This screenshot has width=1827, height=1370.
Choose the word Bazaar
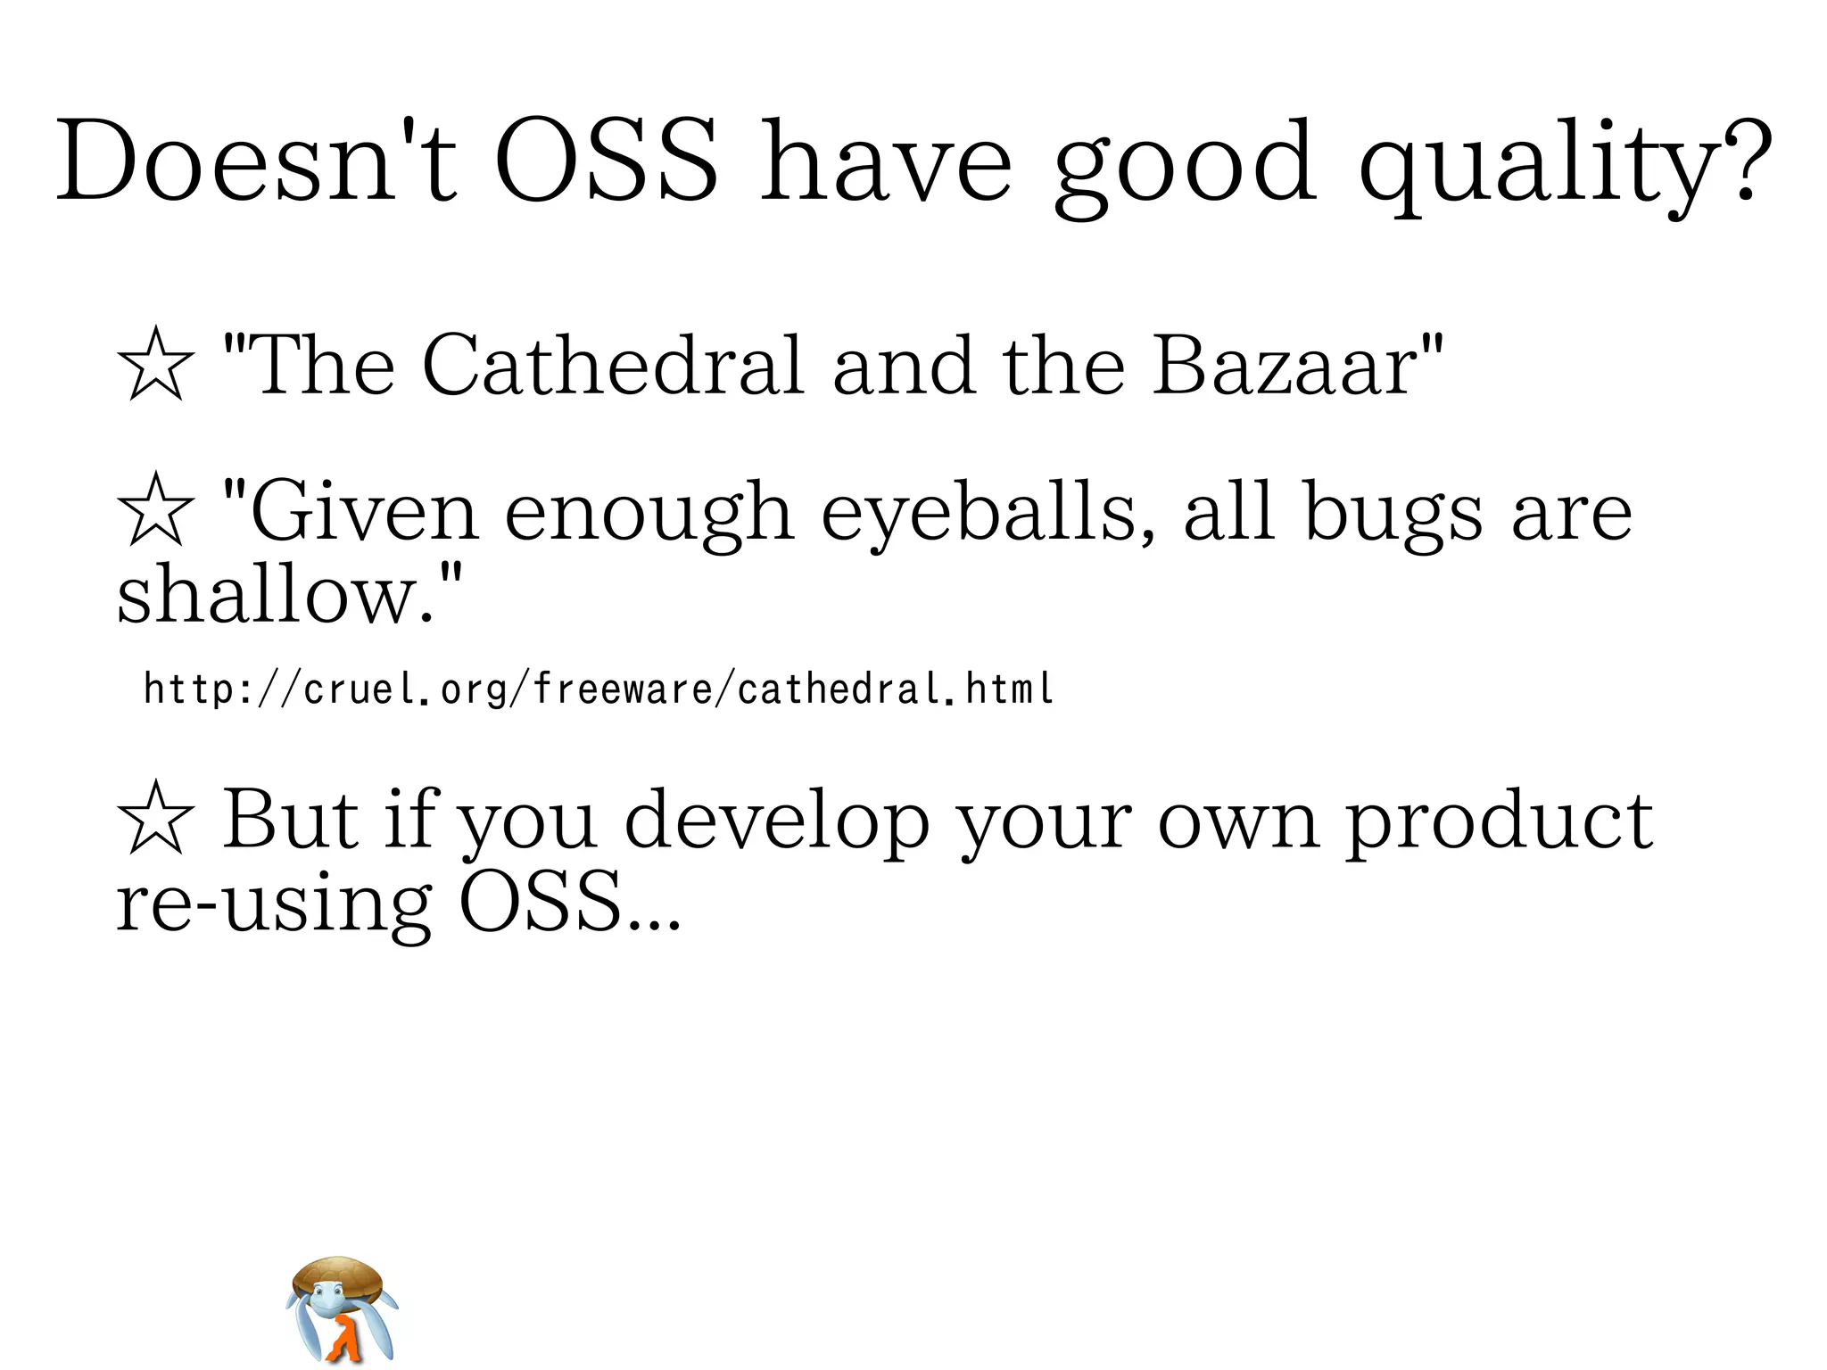[x=1286, y=365]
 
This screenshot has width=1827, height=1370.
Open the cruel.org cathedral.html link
[x=598, y=689]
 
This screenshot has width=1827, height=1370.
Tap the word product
[x=1499, y=821]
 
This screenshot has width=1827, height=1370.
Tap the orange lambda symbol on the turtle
[x=342, y=1338]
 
